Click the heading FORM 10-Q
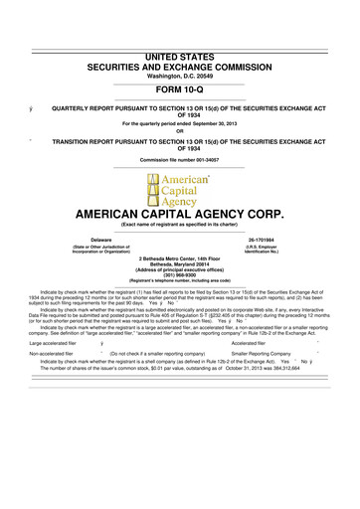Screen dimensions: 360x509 (x=181, y=61)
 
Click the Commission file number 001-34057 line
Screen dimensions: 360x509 (x=180, y=161)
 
